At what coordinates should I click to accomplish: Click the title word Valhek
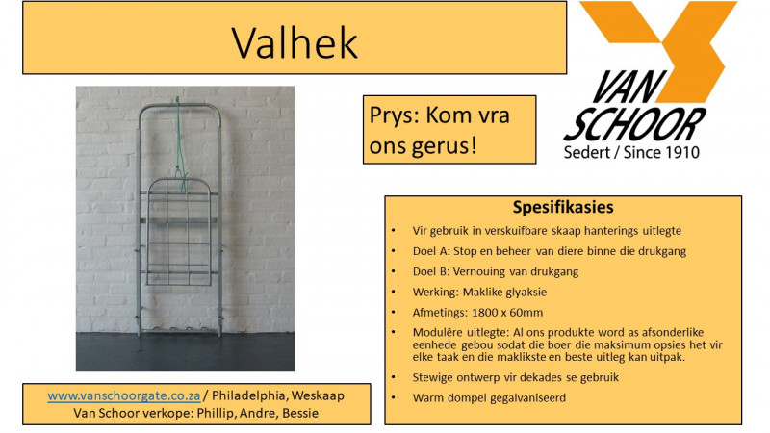[295, 41]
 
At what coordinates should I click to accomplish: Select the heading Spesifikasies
[564, 208]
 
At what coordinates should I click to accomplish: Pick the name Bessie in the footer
[300, 413]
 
